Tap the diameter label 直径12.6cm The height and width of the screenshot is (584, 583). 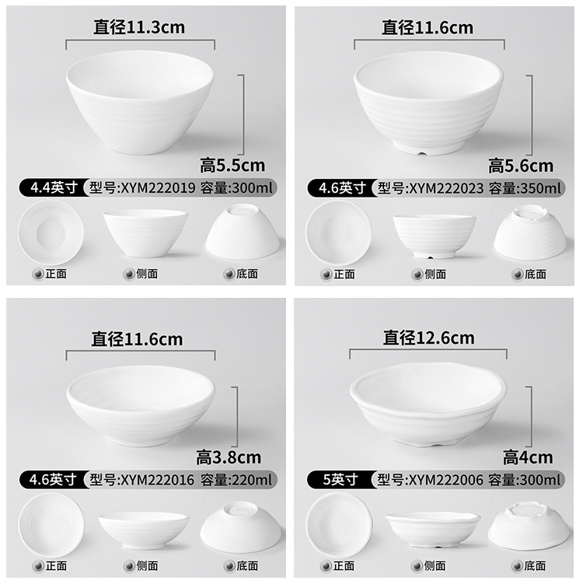tap(428, 337)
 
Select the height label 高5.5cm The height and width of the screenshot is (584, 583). tap(232, 165)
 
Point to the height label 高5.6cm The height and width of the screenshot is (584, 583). tap(521, 165)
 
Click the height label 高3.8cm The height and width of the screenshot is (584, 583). tap(229, 456)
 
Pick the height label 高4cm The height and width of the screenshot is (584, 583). tap(528, 456)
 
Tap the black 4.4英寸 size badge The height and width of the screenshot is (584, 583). tap(53, 187)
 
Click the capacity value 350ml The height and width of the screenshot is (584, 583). tap(542, 187)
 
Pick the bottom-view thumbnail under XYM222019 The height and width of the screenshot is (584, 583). tap(242, 231)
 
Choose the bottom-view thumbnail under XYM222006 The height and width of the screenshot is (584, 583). tap(525, 524)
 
